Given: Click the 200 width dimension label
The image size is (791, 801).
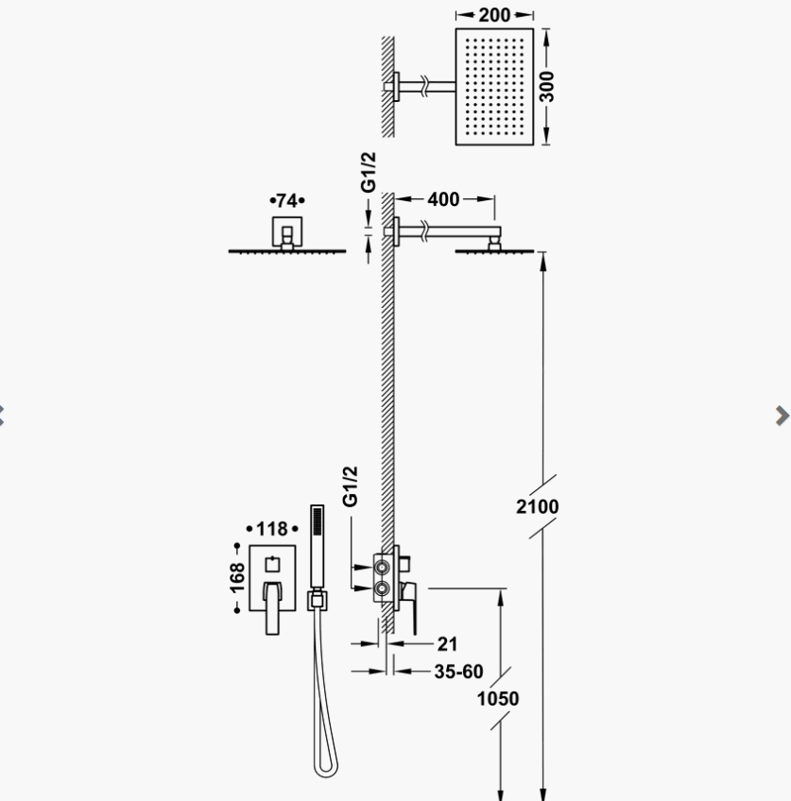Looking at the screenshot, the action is pos(494,15).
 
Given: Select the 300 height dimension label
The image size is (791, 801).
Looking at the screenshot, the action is pos(546,87).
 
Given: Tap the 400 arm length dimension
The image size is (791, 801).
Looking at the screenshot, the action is pos(443,199).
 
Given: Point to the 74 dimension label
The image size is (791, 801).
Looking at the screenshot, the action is pos(286,200).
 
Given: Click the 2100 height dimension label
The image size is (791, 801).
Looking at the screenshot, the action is pos(537,506).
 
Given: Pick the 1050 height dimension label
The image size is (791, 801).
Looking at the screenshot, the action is pos(498,698).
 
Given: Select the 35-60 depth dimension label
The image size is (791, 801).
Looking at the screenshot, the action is pos(458,672).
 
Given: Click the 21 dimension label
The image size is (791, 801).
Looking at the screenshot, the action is pos(447,644).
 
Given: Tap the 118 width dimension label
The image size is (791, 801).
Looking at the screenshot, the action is pos(272,529).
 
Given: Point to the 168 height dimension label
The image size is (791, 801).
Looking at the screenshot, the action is pos(237,578).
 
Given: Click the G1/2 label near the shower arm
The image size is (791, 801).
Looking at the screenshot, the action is pos(368,172).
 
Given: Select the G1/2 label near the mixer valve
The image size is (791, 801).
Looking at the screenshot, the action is pos(350,486).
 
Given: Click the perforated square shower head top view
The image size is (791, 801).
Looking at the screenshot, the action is pos(494,87).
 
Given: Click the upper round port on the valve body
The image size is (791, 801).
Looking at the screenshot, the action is pos(382,567).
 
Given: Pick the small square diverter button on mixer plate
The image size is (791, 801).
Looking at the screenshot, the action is pos(272,565).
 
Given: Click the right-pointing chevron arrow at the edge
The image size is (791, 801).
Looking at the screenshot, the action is pos(782,416).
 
